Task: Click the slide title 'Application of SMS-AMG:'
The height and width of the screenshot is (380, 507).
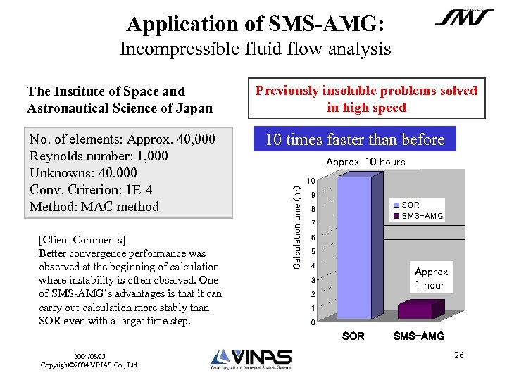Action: pyautogui.click(x=255, y=23)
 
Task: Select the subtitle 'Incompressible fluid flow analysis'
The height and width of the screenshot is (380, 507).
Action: pyautogui.click(x=255, y=49)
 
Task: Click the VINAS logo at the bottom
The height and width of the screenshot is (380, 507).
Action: pyautogui.click(x=251, y=359)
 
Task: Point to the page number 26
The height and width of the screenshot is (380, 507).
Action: pyautogui.click(x=459, y=355)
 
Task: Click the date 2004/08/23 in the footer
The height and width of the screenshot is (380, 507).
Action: pyautogui.click(x=90, y=356)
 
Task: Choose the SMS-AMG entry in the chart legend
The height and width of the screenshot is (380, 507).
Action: pyautogui.click(x=421, y=216)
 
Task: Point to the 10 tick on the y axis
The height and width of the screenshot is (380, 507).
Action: pyautogui.click(x=311, y=181)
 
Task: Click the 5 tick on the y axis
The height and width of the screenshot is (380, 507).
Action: pyautogui.click(x=312, y=251)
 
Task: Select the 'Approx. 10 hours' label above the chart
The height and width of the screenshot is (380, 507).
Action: pyautogui.click(x=365, y=162)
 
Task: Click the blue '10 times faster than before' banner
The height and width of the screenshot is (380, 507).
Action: pyautogui.click(x=355, y=139)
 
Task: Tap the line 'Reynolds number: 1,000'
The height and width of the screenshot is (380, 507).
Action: pyautogui.click(x=99, y=156)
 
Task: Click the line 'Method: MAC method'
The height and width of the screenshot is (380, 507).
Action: pyautogui.click(x=94, y=206)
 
